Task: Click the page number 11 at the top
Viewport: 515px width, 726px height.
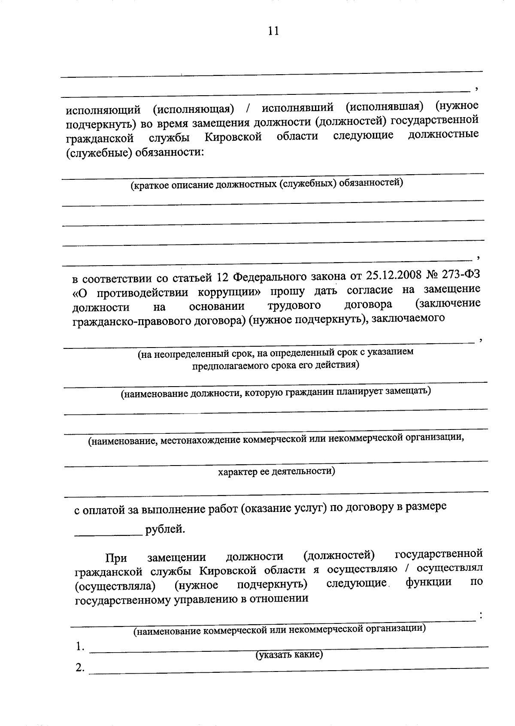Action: [x=273, y=31]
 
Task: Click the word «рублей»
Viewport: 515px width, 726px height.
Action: [x=165, y=529]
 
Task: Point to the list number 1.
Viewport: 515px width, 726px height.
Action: [x=79, y=646]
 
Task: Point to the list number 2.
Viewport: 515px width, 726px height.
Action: [x=79, y=668]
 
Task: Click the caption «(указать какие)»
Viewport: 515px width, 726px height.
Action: [x=289, y=655]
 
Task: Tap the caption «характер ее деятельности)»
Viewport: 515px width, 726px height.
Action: [x=276, y=471]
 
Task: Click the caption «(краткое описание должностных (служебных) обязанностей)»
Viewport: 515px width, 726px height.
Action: [x=267, y=184]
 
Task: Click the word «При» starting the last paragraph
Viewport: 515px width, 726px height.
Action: [x=116, y=558]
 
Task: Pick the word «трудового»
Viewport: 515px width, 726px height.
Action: [x=294, y=306]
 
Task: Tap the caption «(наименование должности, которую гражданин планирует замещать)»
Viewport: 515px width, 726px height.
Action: [x=276, y=392]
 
